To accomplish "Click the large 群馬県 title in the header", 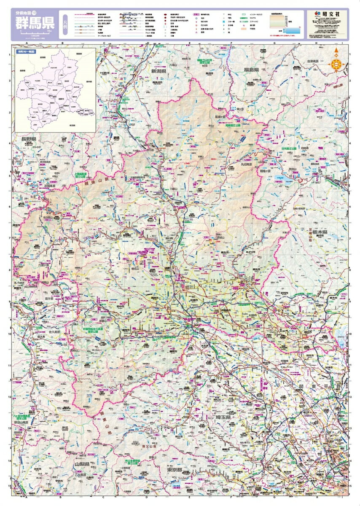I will click(x=32, y=22).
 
